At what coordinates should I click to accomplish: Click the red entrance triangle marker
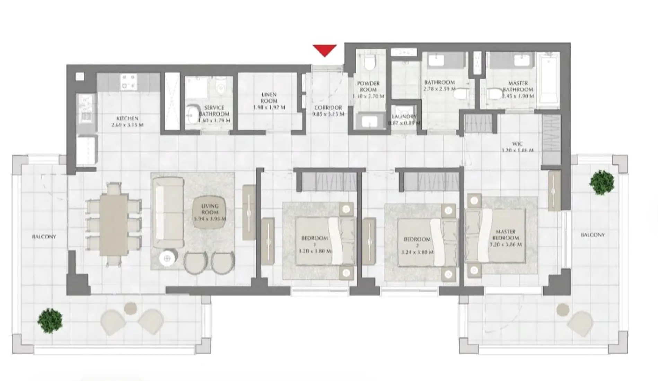[x=324, y=50]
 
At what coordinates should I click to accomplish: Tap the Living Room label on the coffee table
[x=210, y=209]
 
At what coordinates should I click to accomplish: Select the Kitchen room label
[x=127, y=118]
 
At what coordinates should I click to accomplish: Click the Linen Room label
[x=269, y=97]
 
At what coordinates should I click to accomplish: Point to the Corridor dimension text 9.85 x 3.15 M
[x=328, y=114]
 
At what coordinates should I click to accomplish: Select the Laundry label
[x=404, y=117]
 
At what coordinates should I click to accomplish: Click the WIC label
[x=517, y=144]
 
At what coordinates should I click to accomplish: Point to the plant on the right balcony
[x=602, y=182]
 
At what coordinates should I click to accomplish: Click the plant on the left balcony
[x=50, y=320]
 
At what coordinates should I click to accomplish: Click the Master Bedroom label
[x=506, y=234]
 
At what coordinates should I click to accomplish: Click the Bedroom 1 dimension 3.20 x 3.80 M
[x=314, y=251]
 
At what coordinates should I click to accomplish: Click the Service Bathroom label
[x=214, y=111]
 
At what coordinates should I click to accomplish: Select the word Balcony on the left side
[x=44, y=237]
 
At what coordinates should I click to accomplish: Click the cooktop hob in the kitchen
[x=128, y=82]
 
